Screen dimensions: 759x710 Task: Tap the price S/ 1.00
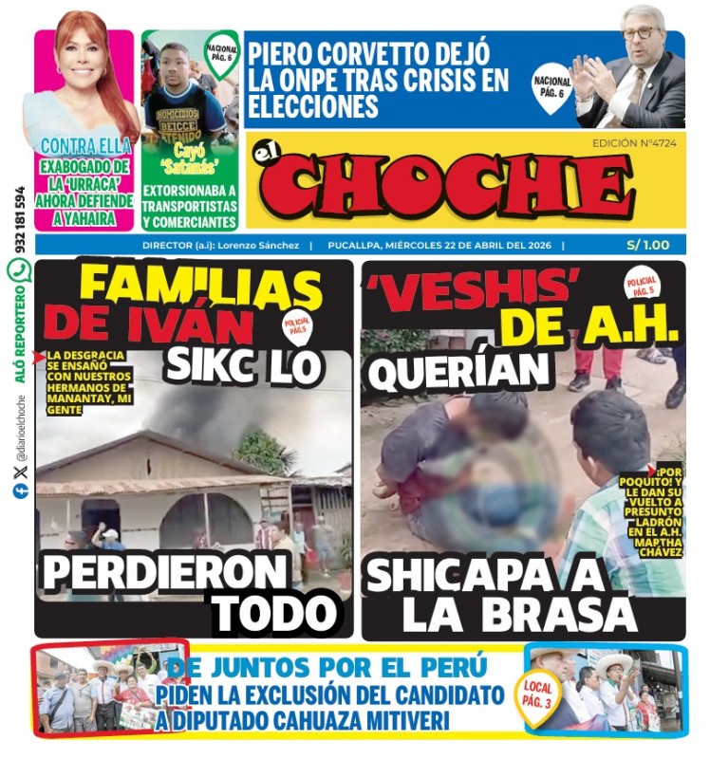(x=647, y=245)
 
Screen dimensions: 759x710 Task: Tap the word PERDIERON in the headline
(x=163, y=571)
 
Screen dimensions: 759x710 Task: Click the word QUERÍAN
(x=446, y=372)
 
